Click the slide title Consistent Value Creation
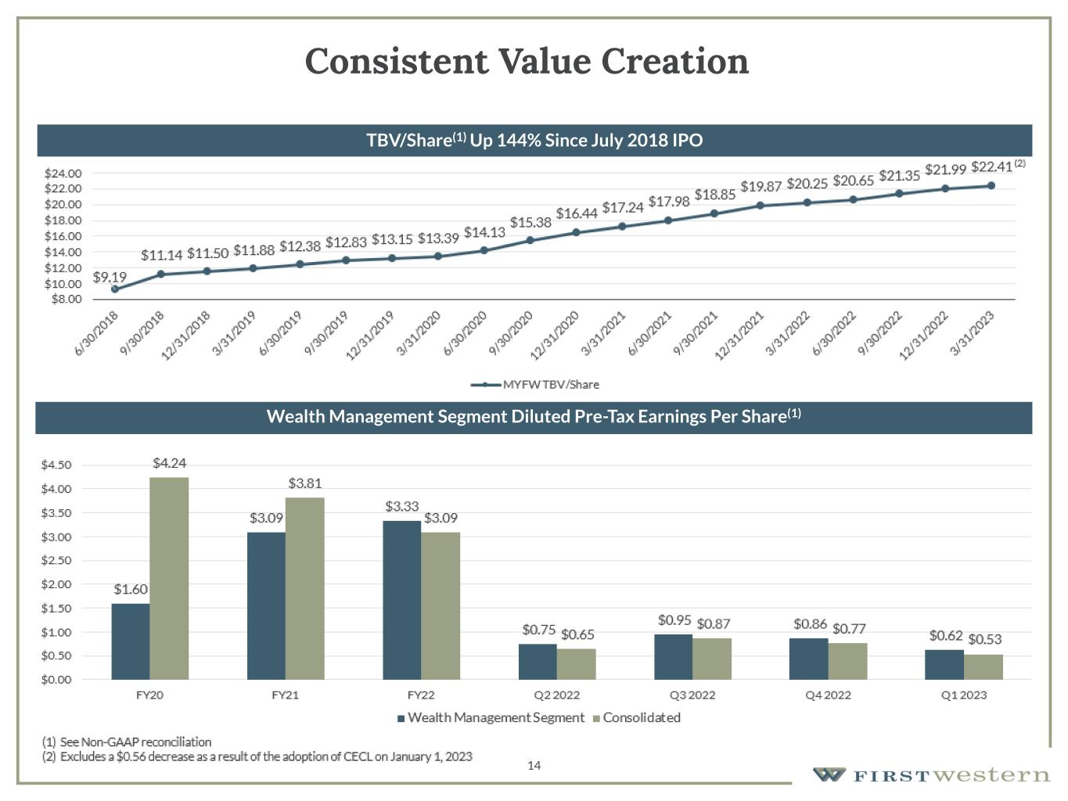(x=527, y=61)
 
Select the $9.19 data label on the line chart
(x=110, y=277)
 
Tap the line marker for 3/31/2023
(x=991, y=185)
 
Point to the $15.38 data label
(x=530, y=222)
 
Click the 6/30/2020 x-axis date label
(x=466, y=333)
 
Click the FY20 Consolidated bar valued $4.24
(x=169, y=578)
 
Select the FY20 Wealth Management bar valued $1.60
(x=131, y=641)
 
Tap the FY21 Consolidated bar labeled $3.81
(x=305, y=588)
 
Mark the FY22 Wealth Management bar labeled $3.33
(x=402, y=600)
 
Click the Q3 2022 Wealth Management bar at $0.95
(x=674, y=656)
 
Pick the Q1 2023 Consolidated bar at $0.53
(x=983, y=666)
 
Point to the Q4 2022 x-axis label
(x=828, y=695)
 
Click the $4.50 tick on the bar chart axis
(x=56, y=465)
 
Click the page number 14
(x=534, y=765)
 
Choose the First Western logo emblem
(x=829, y=774)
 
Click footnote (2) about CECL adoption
(x=258, y=756)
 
